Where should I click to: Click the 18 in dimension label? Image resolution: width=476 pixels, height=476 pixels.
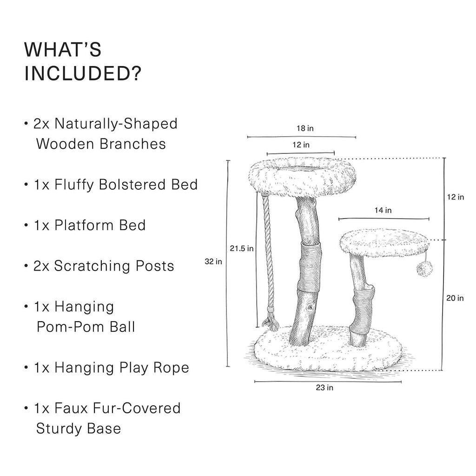305,128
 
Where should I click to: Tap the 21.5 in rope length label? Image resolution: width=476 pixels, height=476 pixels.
242,249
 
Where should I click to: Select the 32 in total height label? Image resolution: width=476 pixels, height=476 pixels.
213,261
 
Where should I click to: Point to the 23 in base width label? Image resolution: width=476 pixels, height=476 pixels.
324,388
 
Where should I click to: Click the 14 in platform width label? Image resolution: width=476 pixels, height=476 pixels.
383,210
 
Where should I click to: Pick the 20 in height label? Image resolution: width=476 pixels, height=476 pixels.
455,298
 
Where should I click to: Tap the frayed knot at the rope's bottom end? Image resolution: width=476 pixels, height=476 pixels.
270,324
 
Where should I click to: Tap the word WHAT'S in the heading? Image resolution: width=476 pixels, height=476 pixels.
63,49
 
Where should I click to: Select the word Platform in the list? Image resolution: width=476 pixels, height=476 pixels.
84,225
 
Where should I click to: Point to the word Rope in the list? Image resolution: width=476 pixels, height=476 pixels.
171,368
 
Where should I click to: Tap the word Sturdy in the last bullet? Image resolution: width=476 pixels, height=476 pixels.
55,429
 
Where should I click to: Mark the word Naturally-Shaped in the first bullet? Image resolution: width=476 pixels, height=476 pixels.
116,124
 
